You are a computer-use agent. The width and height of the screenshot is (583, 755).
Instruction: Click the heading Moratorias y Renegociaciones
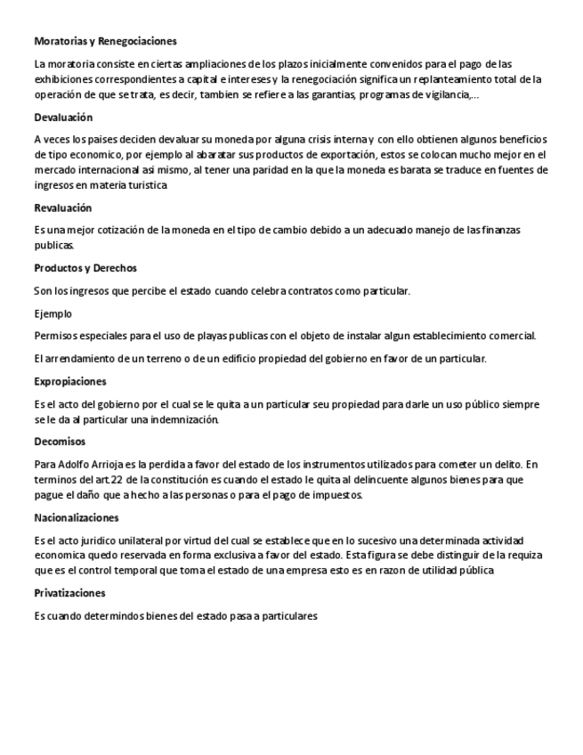point(105,41)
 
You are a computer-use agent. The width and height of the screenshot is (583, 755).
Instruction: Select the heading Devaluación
point(63,118)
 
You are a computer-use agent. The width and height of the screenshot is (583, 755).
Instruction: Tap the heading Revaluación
point(63,207)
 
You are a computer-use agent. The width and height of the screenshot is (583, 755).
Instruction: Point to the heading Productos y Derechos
point(85,268)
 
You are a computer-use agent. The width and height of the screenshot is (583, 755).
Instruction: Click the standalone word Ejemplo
point(53,313)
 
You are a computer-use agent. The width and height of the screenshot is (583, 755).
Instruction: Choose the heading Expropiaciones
point(70,381)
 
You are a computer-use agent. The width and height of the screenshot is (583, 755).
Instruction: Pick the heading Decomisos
point(60,442)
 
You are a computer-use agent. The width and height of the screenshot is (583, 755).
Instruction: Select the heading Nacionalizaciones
point(77,517)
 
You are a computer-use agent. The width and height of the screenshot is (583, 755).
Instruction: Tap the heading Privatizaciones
point(70,593)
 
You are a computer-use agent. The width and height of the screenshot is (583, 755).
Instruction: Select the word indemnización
point(178,419)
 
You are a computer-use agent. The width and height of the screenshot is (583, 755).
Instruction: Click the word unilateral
point(137,540)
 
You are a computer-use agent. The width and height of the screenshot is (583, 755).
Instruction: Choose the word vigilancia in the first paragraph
point(449,95)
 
